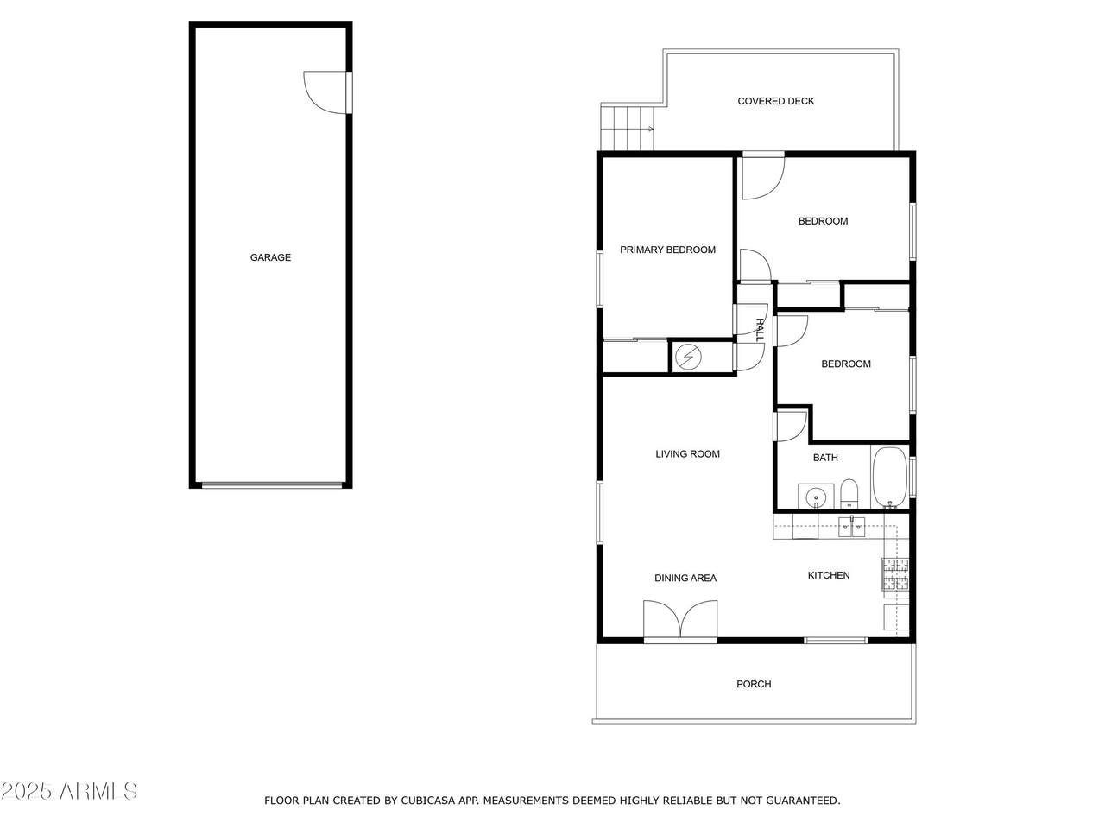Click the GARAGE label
pos(270,257)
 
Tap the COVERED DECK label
pos(776,101)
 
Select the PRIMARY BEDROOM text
pos(667,250)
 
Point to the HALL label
pos(759,330)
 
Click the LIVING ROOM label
pos(687,454)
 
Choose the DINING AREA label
pos(685,578)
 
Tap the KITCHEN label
pos(829,575)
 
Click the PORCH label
pos(754,684)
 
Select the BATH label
pos(825,458)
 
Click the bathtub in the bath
pos(889,477)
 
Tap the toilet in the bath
pos(849,494)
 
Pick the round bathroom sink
pos(816,497)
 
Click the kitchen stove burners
pos(895,573)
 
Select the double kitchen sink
pos(852,527)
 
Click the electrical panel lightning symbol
pos(688,357)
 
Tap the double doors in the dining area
pos(680,620)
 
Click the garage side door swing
pos(325,92)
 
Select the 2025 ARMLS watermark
pos(69,791)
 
